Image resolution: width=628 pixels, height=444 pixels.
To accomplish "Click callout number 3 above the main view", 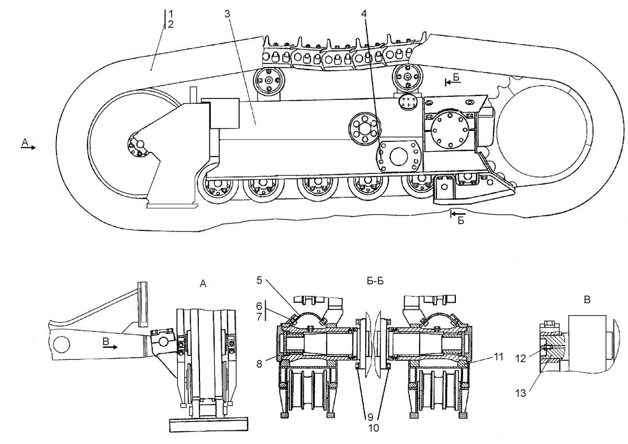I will tap(227, 13).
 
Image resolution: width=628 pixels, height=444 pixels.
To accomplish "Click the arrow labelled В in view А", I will tap(110, 346).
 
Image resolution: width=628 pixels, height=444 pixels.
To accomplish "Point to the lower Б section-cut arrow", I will tap(458, 215).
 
